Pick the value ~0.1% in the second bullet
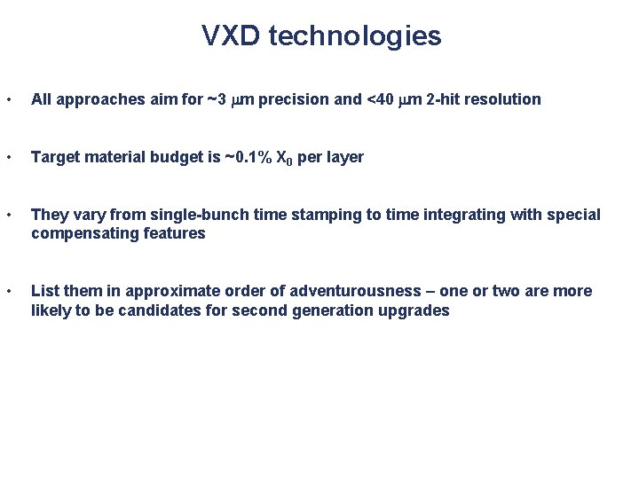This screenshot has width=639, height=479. point(246,157)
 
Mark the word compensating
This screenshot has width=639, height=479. point(81,233)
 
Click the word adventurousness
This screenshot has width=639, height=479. point(354,292)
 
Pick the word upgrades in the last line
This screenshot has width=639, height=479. point(421,310)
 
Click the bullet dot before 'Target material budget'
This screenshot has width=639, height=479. point(7,158)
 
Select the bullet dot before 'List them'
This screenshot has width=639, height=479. point(7,292)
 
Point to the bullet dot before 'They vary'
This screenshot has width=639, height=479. point(7,216)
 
